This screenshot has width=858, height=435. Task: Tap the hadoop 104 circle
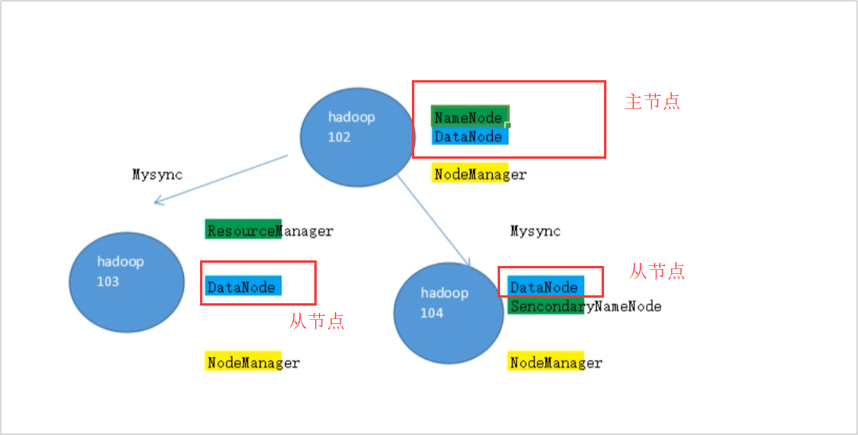pos(448,314)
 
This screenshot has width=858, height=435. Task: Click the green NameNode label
pos(468,117)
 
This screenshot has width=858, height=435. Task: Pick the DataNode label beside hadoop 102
pos(468,137)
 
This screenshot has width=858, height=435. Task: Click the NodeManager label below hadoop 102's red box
pos(479,174)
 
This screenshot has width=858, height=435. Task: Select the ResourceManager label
pos(270,231)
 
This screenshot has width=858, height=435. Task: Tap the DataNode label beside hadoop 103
pos(241,287)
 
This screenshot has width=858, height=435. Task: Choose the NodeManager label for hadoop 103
pos(253,363)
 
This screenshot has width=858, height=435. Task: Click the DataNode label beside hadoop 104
pos(544,287)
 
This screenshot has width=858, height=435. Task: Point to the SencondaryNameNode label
pos(586,306)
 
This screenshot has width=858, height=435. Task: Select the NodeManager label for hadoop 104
pos(556,363)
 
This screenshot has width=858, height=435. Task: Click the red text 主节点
pos(652,102)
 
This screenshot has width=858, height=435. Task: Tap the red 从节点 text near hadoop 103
pos(317,321)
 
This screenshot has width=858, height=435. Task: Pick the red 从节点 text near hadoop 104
pos(657,271)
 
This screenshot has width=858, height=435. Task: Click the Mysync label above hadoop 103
pos(157,174)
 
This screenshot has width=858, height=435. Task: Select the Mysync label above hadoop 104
pos(535,231)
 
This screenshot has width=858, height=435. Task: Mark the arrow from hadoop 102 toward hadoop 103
pos(221,179)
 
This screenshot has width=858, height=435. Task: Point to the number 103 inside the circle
pos(108,281)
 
